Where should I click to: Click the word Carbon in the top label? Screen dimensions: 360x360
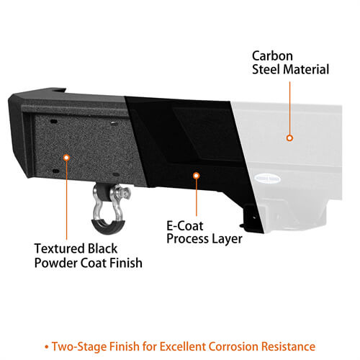click(x=272, y=56)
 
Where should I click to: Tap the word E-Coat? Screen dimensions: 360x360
click(x=185, y=226)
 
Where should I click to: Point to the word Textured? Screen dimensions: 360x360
click(x=59, y=248)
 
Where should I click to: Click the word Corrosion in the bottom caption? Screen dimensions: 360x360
click(x=233, y=346)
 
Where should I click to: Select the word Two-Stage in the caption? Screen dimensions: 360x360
click(x=79, y=347)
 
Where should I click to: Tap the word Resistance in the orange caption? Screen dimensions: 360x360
click(x=288, y=346)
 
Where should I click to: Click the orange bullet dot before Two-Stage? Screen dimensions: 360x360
click(x=47, y=347)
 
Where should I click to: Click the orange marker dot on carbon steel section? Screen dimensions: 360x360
click(x=289, y=138)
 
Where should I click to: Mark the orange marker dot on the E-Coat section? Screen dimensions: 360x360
click(x=197, y=176)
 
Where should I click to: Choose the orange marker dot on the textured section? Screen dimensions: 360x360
click(x=66, y=158)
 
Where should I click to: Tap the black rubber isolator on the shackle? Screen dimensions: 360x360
click(x=108, y=226)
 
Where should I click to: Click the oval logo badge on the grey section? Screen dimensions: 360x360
click(x=267, y=179)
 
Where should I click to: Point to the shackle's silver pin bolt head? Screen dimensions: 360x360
click(x=125, y=193)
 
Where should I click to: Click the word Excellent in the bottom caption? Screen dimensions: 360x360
click(x=182, y=346)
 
